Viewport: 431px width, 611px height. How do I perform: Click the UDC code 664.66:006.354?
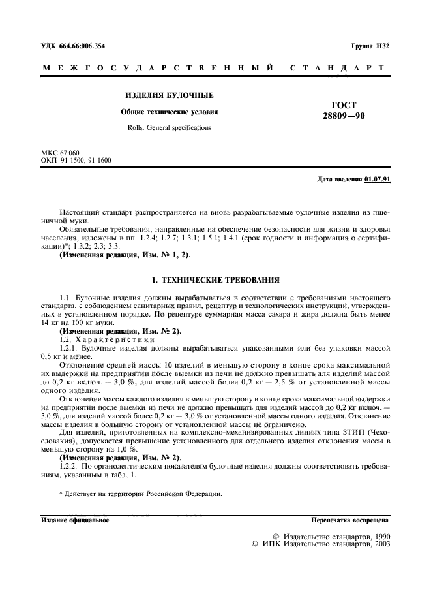pos(82,46)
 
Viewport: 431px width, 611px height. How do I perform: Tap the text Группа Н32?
pos(370,46)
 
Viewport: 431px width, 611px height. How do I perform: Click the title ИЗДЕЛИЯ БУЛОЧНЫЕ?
pos(169,95)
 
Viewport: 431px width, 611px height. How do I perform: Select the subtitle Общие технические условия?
pos(169,112)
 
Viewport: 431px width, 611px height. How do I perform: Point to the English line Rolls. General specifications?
pos(169,128)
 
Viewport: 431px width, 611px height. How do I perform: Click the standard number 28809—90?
pos(344,116)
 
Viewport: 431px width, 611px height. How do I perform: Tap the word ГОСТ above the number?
pos(344,105)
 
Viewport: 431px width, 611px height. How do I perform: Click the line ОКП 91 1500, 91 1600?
pos(76,160)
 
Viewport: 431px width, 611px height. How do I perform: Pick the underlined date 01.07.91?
pos(377,180)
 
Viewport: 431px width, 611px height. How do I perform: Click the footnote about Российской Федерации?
pos(140,493)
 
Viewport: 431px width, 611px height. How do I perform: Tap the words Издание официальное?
pos(76,521)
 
